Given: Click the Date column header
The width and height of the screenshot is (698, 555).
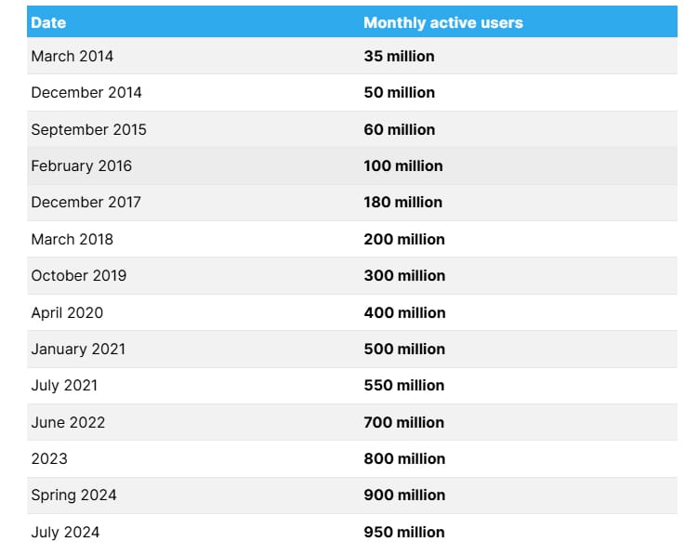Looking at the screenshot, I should click(x=48, y=22).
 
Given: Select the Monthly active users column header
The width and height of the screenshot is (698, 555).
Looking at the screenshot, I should click(x=442, y=22).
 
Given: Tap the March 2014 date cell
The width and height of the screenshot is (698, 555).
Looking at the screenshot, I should click(x=72, y=56).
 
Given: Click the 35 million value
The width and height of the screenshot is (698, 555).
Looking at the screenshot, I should click(x=399, y=56).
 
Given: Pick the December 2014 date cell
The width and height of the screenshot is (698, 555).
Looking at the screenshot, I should click(x=86, y=92).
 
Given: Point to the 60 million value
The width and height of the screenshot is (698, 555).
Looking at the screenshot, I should click(x=399, y=129).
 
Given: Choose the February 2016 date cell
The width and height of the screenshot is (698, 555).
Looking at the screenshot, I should click(x=81, y=165).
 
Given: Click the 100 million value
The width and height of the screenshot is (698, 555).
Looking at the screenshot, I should click(x=402, y=165).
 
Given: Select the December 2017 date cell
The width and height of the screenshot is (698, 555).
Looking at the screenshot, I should click(x=86, y=202).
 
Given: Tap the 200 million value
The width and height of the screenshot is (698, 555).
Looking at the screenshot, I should click(x=404, y=239).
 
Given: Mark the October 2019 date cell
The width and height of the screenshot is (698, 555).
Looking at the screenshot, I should click(x=78, y=275).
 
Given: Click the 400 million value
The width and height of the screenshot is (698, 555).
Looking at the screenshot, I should click(x=404, y=312).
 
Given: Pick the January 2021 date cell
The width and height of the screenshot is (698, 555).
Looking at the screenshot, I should click(x=78, y=349).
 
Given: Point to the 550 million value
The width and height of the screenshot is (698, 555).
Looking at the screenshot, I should click(x=404, y=385).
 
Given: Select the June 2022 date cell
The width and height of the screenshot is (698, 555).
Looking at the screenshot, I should click(x=68, y=422).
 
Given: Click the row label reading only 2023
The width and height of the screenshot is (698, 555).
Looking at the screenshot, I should click(x=49, y=458).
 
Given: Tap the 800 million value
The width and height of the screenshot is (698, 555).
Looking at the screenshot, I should click(x=404, y=458).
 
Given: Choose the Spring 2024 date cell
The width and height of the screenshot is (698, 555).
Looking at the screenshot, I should click(x=73, y=495).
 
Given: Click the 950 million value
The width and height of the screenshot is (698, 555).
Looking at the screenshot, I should click(x=404, y=532).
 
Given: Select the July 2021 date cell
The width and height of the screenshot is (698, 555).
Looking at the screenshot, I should click(x=64, y=385).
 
